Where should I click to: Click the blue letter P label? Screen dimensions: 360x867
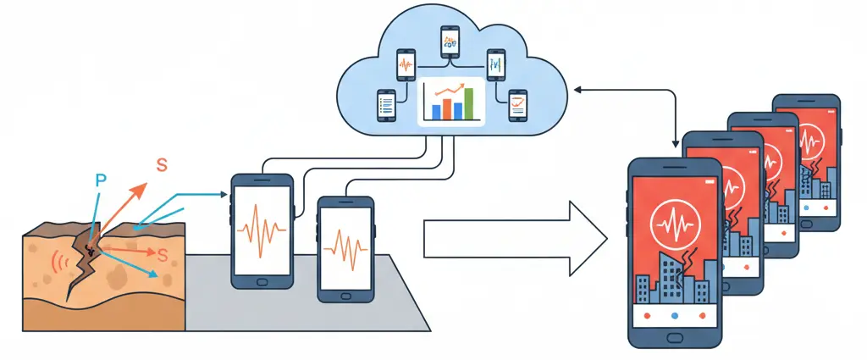point(101,181)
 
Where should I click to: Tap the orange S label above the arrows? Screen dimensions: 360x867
point(161,166)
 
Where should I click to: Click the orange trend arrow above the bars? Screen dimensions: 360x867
point(450,90)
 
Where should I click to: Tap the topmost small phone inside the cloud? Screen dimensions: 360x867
point(449,41)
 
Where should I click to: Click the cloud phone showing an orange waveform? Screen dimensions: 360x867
point(405,64)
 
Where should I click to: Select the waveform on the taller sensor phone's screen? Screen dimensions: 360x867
point(262,230)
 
